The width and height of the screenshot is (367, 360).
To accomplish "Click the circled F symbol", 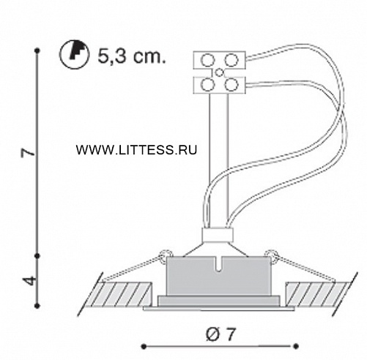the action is point(74,56).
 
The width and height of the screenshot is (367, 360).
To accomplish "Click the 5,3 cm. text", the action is point(132,56).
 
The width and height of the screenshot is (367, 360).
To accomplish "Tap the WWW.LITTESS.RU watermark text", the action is point(136,149).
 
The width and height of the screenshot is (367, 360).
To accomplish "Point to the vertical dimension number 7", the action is point(29,153).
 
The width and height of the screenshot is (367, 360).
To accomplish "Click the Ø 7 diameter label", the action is point(220,334).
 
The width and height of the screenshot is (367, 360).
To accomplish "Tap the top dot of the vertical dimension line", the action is point(37,51).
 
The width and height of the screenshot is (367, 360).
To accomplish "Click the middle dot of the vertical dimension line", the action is point(37,256).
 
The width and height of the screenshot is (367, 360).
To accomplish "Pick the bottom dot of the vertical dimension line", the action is point(37,305).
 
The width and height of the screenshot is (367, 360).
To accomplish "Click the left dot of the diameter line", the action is point(144,346).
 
